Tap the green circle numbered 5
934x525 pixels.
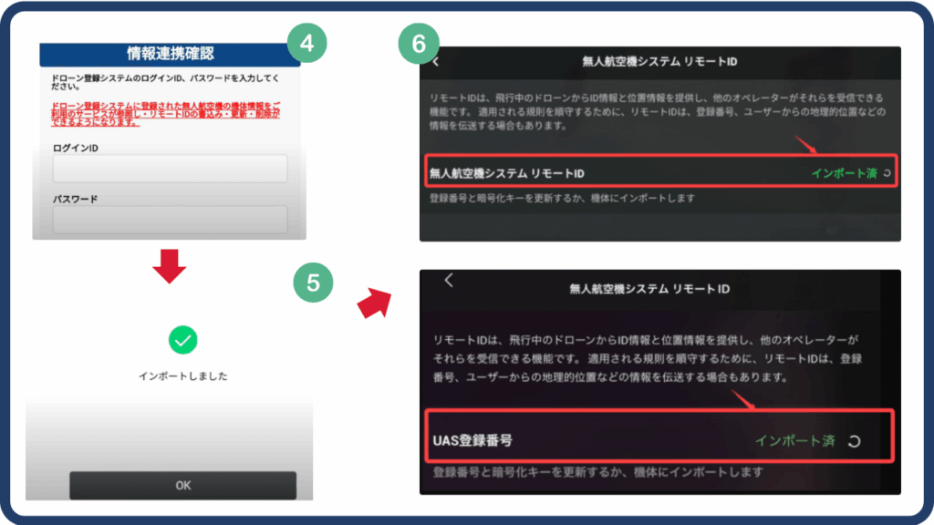(314, 283)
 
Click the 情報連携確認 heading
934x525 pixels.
(171, 54)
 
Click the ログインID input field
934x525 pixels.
(171, 169)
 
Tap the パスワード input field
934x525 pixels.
(171, 220)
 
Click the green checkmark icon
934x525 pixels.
(183, 341)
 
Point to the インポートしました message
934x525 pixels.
(183, 376)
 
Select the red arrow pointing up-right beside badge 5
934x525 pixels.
(371, 303)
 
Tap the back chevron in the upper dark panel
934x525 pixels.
(436, 62)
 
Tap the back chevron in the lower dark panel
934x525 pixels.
(449, 281)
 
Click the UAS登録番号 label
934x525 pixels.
(472, 440)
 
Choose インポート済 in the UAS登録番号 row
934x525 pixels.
(794, 440)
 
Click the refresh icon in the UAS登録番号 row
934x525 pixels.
(854, 441)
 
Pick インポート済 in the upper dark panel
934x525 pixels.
(844, 172)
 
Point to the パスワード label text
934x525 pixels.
(76, 198)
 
